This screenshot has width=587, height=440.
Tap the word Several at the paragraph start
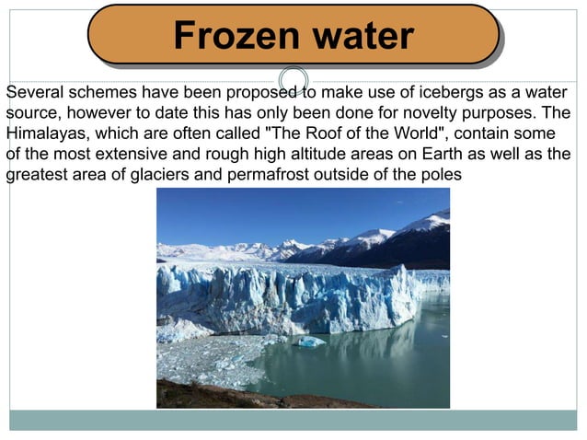pos(34,93)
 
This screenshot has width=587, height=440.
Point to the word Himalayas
pos(44,133)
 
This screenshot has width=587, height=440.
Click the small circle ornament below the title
pos(293,79)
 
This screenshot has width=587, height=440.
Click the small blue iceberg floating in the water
pos(310,342)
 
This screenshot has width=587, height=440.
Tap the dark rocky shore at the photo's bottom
pos(239,397)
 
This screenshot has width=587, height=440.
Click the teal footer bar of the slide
pos(293,420)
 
